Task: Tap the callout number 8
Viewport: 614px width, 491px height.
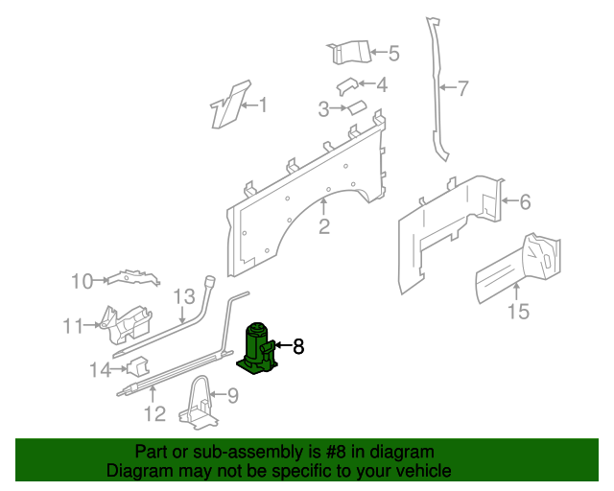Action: click(298, 346)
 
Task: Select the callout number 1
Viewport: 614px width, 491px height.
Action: click(263, 105)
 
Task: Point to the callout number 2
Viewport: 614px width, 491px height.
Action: click(324, 226)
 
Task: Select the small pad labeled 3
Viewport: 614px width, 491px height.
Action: click(356, 107)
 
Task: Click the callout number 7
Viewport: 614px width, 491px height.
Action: click(462, 89)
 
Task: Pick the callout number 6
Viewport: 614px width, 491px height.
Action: click(524, 201)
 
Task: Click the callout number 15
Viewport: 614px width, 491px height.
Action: click(518, 311)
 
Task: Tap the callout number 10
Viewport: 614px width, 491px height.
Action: click(83, 281)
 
